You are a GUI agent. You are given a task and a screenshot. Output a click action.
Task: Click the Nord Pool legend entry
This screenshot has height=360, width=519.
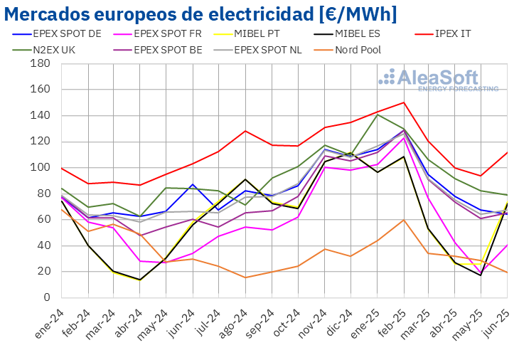pos(360,50)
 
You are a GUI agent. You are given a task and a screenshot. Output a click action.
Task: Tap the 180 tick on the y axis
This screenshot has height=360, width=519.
pos(40,63)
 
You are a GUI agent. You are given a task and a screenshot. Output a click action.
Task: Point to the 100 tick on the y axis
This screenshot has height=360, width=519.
pos(40,167)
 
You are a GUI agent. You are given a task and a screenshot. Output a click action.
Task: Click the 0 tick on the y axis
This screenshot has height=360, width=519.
pos(46,297)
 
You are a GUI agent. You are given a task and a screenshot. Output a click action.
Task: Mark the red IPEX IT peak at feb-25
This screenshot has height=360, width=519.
pos(404,102)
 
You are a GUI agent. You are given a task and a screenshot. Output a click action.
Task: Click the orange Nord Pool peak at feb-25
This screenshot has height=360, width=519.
pos(404,220)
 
